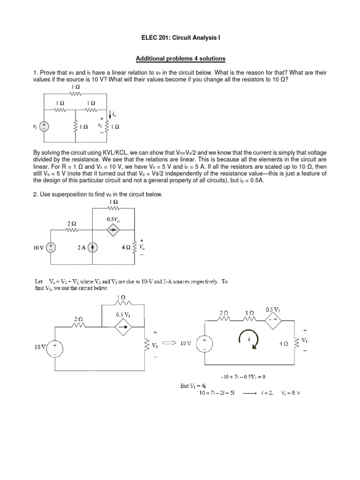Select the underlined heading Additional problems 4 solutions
[180, 59]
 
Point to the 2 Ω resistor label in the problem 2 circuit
[72, 224]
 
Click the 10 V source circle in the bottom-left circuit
[55, 347]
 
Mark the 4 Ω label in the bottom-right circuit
[283, 343]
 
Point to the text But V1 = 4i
[194, 386]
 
